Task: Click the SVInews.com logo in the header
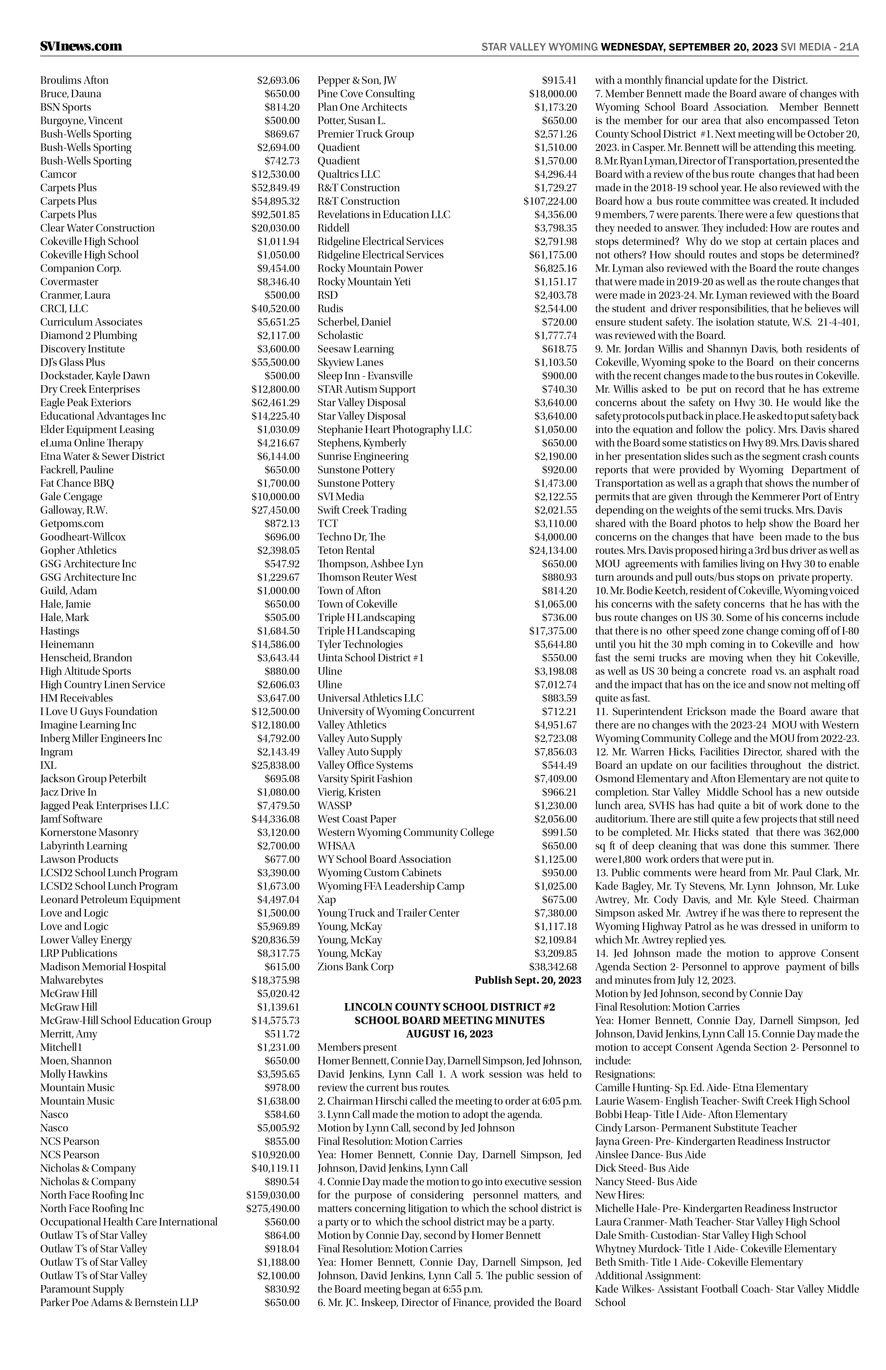[81, 47]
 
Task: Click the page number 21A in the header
[849, 47]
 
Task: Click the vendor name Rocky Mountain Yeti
[364, 282]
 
